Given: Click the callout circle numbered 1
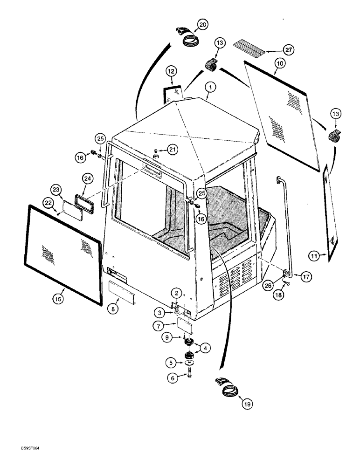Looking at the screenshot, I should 210,87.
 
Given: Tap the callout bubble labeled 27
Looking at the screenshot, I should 290,50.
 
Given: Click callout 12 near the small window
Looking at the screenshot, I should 171,71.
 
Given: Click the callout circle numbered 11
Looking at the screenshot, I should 315,255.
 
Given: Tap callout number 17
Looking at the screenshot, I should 306,277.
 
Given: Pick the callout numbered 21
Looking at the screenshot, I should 173,149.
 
